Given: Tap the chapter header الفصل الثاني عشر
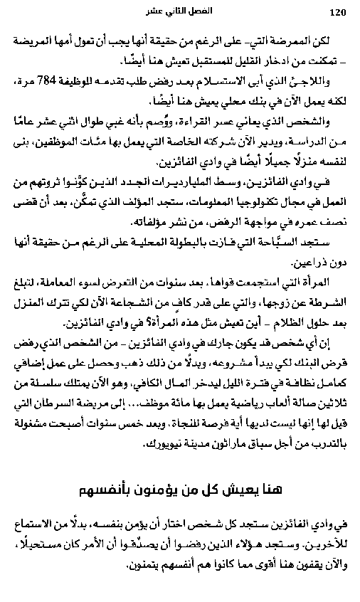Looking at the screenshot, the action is (x=180, y=12).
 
